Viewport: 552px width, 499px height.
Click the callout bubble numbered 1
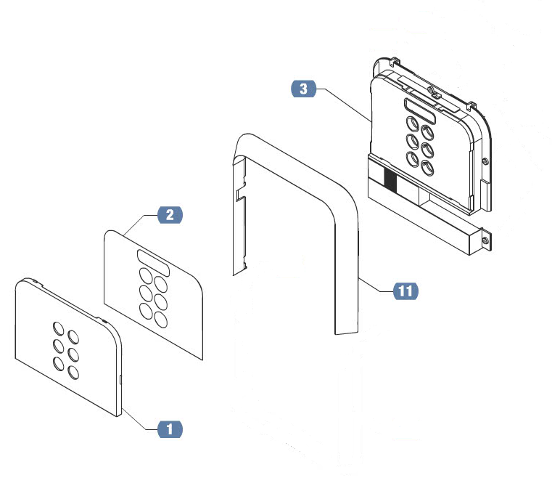coord(170,429)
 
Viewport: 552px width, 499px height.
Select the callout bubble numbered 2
coord(170,215)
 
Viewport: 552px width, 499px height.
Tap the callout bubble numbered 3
coord(303,89)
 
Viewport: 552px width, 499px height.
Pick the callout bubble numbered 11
coord(405,291)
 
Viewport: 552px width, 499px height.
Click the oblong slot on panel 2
coord(154,263)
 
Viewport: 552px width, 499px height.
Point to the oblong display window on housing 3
coord(420,111)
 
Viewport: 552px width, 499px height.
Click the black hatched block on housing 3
coord(390,181)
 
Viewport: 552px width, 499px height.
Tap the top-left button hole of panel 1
coord(59,329)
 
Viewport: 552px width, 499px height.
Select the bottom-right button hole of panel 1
coord(73,373)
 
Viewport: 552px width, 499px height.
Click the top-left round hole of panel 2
coord(145,275)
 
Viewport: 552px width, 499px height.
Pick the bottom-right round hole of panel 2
coord(161,320)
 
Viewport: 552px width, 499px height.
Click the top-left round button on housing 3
coord(412,124)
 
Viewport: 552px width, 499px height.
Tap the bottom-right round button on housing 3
coord(427,168)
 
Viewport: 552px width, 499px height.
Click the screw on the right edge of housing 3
coord(485,161)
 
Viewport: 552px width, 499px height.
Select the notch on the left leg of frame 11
coord(241,195)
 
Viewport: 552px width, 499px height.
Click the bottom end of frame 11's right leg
coord(347,332)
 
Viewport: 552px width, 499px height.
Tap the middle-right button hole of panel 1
coord(73,355)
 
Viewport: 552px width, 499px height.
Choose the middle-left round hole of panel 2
coord(146,293)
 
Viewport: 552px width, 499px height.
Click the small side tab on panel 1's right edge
coord(120,380)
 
